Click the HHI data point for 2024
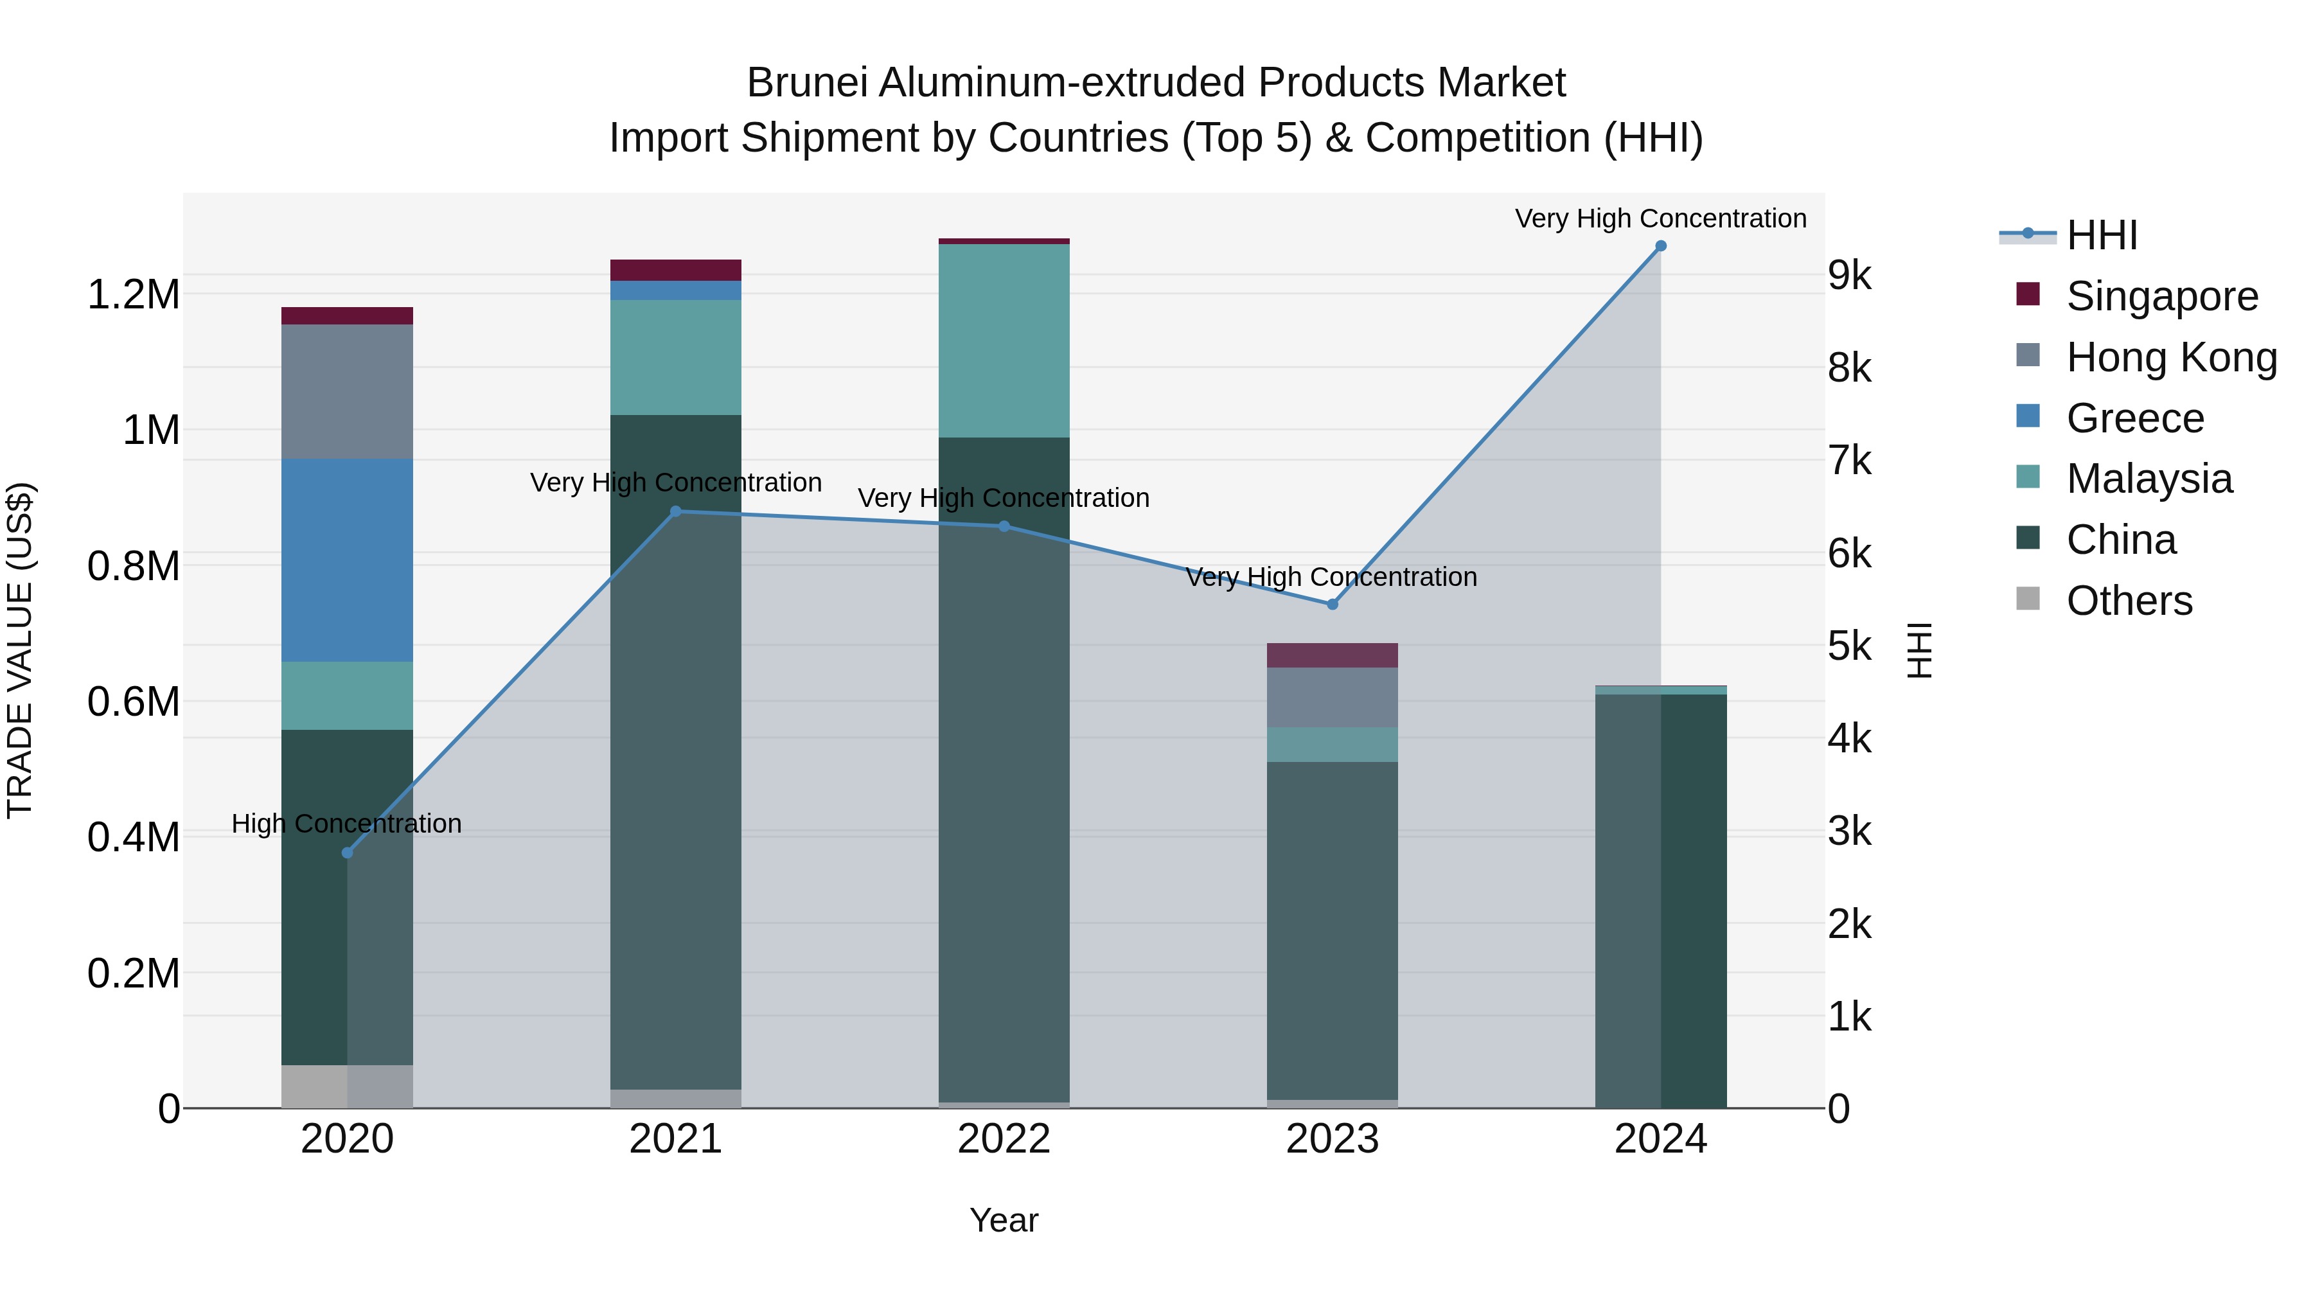click(x=1660, y=246)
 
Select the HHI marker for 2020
click(x=348, y=852)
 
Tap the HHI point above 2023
click(x=1333, y=605)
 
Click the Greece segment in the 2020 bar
click(x=348, y=560)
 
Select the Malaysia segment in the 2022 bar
click(x=1004, y=341)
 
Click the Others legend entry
click(x=2128, y=601)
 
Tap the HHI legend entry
click(x=2101, y=235)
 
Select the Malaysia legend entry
click(x=2149, y=479)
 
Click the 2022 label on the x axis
click(x=1004, y=1139)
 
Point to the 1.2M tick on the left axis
click(x=133, y=294)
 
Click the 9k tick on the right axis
click(x=1850, y=276)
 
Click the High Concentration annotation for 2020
click(x=346, y=824)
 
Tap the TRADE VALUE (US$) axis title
click(x=20, y=650)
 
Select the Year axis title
click(x=1004, y=1220)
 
